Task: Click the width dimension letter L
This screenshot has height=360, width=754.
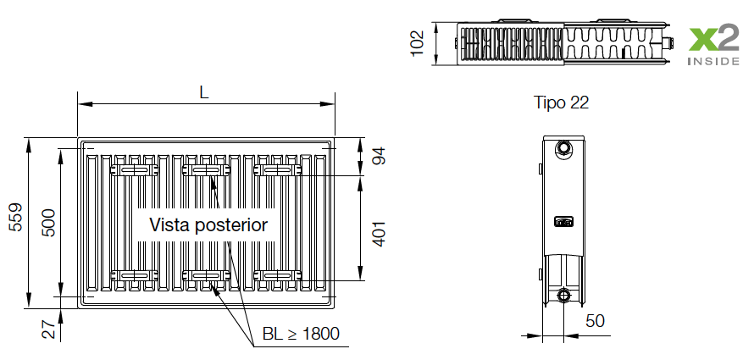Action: pos(203,91)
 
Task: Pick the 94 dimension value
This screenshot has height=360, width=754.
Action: pos(379,156)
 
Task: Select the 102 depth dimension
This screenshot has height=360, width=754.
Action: pos(417,42)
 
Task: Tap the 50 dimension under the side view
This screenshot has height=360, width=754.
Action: pos(595,321)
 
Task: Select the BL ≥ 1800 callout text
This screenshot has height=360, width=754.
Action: pos(301,334)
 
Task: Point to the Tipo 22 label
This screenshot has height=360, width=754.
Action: pos(561,102)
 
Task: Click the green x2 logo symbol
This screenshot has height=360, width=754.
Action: pos(712,40)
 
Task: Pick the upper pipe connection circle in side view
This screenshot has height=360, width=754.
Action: pos(563,150)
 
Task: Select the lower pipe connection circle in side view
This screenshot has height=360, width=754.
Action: pos(564,296)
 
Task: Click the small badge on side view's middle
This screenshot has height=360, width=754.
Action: pos(563,222)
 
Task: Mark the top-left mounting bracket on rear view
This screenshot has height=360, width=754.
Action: pos(133,170)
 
